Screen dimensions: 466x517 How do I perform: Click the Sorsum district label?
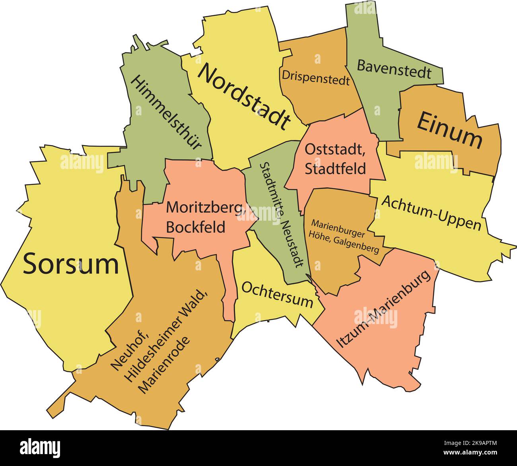(71, 264)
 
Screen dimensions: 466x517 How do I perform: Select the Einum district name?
(449, 130)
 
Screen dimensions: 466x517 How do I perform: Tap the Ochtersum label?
(277, 294)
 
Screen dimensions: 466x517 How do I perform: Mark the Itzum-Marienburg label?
(385, 310)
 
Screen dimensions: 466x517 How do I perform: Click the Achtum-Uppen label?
(431, 213)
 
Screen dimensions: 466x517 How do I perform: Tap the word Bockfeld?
(195, 227)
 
